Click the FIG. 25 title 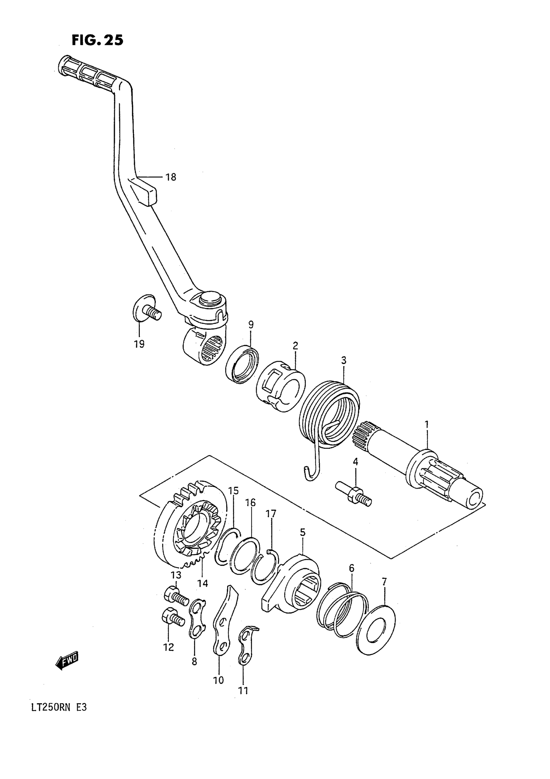coord(97,40)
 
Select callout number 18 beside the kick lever coord(171,177)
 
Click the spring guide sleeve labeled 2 coord(280,387)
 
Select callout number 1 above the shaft coord(426,425)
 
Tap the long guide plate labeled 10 coord(224,623)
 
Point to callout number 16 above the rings coord(250,503)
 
